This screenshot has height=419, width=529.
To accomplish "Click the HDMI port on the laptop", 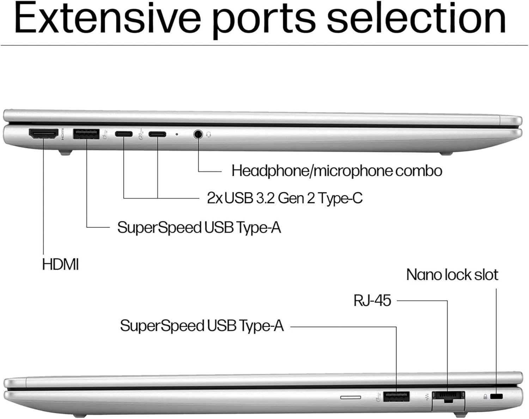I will pos(43,134).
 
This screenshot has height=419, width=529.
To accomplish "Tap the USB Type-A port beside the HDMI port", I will pos(86,134).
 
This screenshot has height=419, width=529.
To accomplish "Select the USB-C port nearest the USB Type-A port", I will pos(124,134).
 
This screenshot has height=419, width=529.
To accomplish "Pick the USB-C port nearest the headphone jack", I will pos(157,134).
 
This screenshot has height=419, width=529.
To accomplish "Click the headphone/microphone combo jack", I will pos(199,134).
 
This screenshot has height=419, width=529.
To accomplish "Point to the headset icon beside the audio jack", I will pos(209,134).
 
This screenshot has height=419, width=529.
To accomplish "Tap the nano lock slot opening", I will pos(497,396).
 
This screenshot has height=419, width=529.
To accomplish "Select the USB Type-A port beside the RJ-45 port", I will pos(396,396).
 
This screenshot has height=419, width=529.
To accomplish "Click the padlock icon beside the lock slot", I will pos(485,397).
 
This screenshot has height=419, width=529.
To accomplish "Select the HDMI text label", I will pos(60,264).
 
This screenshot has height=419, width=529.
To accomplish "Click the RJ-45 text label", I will pos(372,301).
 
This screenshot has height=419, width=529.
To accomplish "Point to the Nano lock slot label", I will pos(452,275).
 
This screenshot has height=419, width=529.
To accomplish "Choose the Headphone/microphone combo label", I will pos(336,171).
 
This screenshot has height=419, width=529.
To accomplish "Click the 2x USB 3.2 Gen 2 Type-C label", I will pos(284,198).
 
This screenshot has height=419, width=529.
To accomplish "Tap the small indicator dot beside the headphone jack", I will pos(177,134).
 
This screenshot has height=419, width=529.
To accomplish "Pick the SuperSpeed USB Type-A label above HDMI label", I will pos(199,227).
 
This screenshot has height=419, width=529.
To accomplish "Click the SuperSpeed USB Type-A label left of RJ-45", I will pos(202,326).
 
